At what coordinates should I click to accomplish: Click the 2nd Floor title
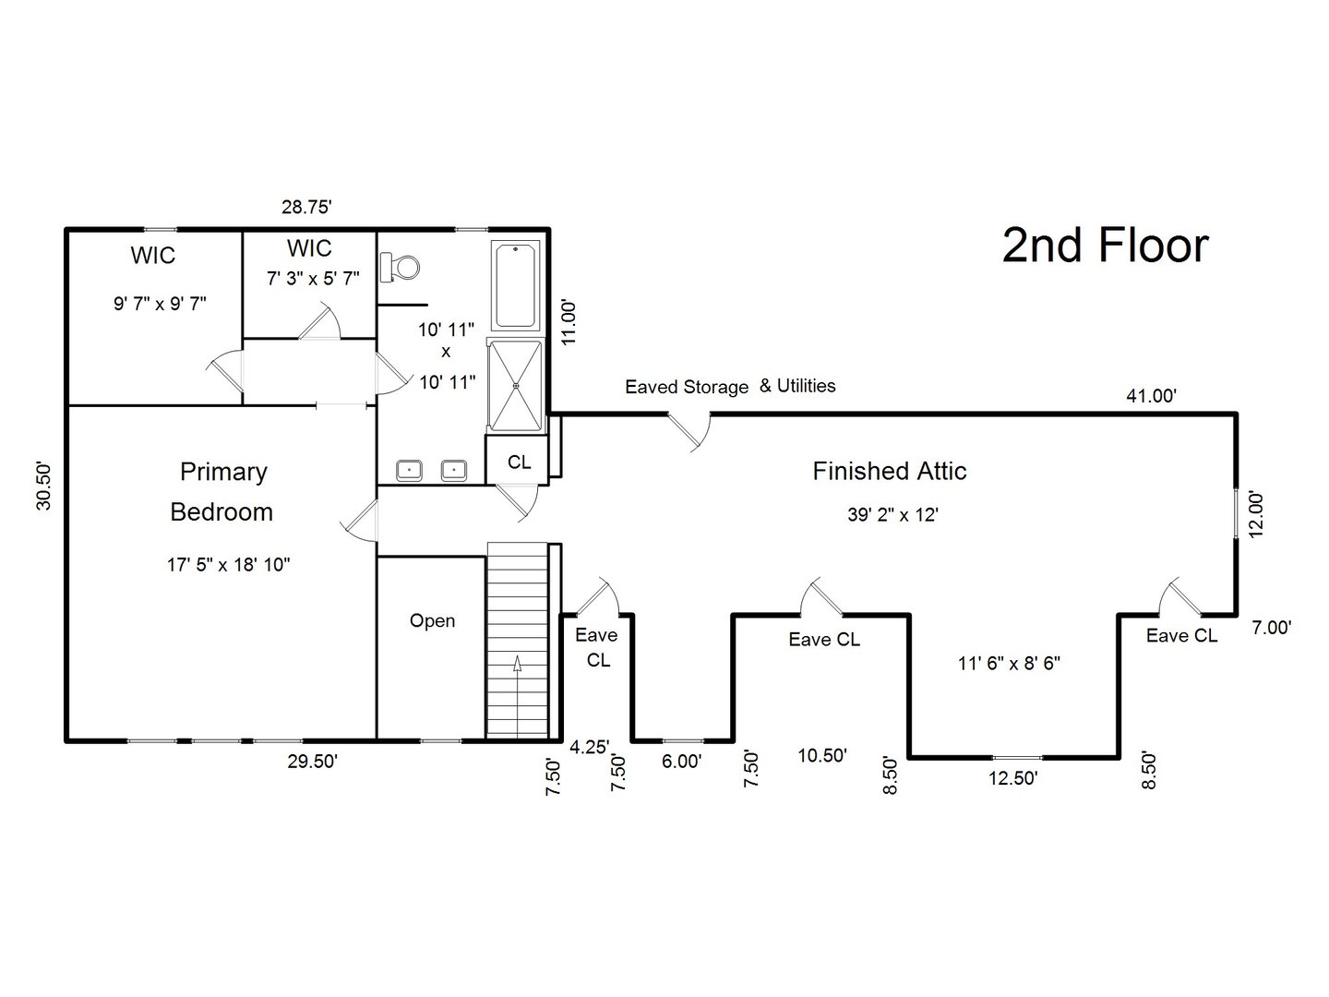(x=1105, y=246)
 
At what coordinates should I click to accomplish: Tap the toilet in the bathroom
(x=401, y=267)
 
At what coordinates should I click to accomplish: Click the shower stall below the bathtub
(x=516, y=385)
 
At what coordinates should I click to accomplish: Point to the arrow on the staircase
(x=517, y=666)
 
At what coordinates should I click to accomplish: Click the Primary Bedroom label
(x=222, y=491)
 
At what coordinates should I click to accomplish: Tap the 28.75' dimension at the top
(x=306, y=208)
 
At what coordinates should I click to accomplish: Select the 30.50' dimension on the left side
(x=44, y=486)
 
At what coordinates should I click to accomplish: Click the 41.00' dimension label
(x=1151, y=396)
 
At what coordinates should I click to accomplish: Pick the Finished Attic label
(x=889, y=472)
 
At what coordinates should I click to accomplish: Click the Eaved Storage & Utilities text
(x=730, y=387)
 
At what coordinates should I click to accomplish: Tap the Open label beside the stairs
(x=432, y=621)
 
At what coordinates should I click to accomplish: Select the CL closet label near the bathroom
(x=520, y=462)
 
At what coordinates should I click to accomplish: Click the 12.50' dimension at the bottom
(x=1013, y=778)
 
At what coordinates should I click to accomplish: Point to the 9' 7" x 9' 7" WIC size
(x=160, y=303)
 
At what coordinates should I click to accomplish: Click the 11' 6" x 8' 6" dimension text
(x=1009, y=663)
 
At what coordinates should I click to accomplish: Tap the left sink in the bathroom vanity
(x=409, y=471)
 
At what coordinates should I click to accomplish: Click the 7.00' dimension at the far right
(x=1271, y=628)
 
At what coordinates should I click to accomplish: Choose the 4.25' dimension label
(x=589, y=747)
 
